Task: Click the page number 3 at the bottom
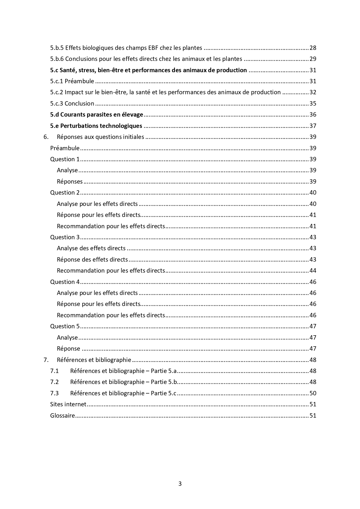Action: point(180,483)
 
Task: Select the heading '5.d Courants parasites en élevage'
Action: point(97,115)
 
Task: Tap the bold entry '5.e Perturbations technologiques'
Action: point(96,126)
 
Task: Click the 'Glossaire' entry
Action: point(63,416)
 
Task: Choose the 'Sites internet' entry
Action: point(68,404)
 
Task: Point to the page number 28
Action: point(313,48)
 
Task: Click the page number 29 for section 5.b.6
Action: point(313,59)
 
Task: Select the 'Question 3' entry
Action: point(65,237)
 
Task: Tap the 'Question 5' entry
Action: point(65,326)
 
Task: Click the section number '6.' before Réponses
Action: point(46,137)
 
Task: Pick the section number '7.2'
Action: point(54,382)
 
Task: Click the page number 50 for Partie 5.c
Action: point(313,393)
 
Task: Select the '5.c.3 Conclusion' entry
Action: point(72,104)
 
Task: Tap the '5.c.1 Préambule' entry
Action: point(72,81)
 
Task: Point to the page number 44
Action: point(313,271)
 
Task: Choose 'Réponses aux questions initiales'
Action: point(100,137)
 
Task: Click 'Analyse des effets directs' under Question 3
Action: point(91,248)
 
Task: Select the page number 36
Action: point(313,115)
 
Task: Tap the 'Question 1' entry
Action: point(65,159)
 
